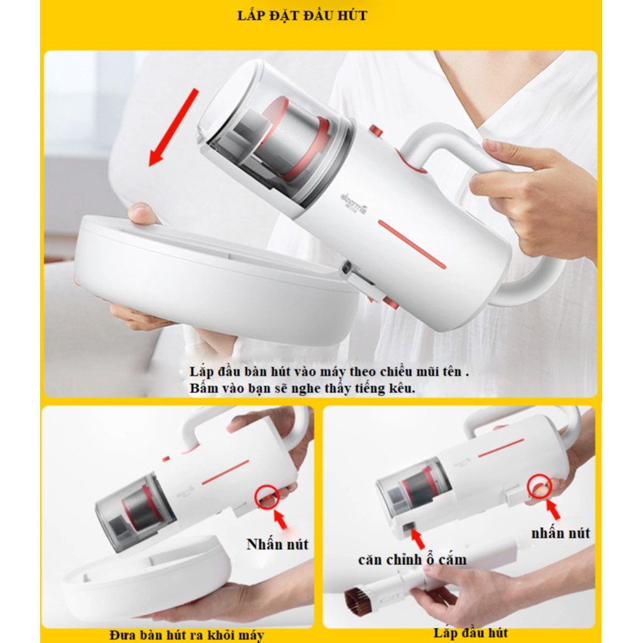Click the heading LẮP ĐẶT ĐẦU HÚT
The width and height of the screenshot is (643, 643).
click(302, 16)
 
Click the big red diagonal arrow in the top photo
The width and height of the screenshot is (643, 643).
click(173, 127)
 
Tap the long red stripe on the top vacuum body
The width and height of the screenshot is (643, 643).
click(412, 245)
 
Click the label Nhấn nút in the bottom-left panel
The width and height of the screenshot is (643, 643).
click(277, 545)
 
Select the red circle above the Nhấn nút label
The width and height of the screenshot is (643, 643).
click(267, 496)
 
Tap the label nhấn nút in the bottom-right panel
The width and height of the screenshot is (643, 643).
click(560, 533)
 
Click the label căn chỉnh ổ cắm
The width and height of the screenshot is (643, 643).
click(412, 560)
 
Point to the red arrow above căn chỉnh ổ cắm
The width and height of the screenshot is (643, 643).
click(417, 538)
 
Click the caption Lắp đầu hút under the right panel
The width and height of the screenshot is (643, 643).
click(470, 632)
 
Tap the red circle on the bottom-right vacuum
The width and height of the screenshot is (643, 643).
click(540, 487)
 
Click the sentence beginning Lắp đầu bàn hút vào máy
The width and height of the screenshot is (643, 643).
click(329, 372)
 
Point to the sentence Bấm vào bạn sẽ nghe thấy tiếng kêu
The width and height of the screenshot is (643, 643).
click(302, 388)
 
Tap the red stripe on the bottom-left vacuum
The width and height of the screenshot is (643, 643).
click(225, 473)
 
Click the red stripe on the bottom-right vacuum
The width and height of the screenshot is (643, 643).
click(501, 448)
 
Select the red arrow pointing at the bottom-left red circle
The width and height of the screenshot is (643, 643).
click(281, 519)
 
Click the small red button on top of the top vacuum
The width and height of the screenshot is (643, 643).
click(376, 131)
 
